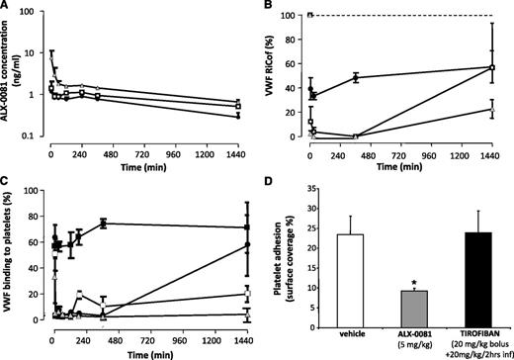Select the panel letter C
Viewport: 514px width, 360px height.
pos(7,185)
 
